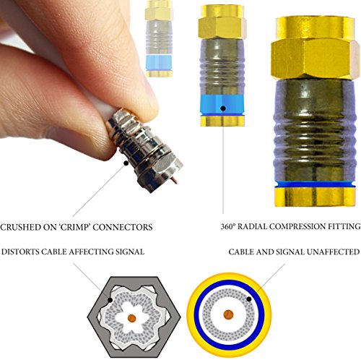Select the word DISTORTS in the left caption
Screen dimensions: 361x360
20,252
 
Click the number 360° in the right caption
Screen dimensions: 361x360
227,227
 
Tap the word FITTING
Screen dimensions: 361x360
344,227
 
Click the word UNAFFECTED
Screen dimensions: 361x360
334,252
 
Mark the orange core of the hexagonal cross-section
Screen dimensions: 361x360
131,318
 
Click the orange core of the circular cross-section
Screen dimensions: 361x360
228,314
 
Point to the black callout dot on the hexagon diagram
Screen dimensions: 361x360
110,300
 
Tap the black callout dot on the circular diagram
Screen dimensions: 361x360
249,299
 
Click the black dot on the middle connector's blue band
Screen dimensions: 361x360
223,108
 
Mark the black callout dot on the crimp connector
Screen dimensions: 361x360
126,163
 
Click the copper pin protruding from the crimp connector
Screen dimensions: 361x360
174,181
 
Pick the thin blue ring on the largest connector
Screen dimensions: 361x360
316,185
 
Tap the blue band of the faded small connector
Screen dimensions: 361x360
159,63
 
